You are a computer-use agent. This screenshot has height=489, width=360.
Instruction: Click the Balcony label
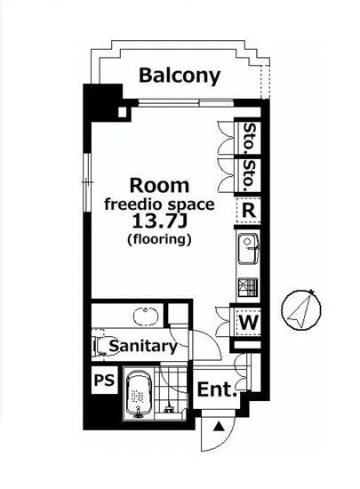pyautogui.click(x=180, y=76)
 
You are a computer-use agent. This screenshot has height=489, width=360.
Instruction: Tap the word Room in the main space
pyautogui.click(x=159, y=186)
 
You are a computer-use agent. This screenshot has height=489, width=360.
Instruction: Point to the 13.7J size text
pyautogui.click(x=159, y=221)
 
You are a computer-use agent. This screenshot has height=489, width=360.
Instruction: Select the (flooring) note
pyautogui.click(x=159, y=239)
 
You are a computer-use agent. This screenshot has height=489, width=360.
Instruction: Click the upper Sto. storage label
pyautogui.click(x=249, y=136)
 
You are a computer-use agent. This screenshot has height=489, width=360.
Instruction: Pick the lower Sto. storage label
pyautogui.click(x=249, y=175)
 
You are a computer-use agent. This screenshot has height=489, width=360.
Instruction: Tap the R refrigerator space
pyautogui.click(x=248, y=211)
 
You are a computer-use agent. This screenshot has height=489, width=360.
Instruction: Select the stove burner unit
pyautogui.click(x=248, y=287)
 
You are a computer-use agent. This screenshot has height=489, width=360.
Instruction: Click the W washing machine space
pyautogui.click(x=248, y=322)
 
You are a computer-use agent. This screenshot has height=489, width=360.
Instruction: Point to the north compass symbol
pyautogui.click(x=301, y=309)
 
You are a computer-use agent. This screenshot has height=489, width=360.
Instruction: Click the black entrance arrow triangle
pyautogui.click(x=219, y=426)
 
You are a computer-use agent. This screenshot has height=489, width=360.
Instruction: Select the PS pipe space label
pyautogui.click(x=104, y=381)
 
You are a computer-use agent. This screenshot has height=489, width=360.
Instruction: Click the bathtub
pyautogui.click(x=139, y=394)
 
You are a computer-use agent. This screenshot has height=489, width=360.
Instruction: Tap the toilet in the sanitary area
pyautogui.click(x=103, y=346)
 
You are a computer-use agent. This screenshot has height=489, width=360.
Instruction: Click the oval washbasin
pyautogui.click(x=146, y=317)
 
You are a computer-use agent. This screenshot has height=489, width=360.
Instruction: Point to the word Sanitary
pyautogui.click(x=143, y=346)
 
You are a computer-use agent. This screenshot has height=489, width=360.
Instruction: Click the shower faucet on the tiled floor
pyautogui.click(x=169, y=407)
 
